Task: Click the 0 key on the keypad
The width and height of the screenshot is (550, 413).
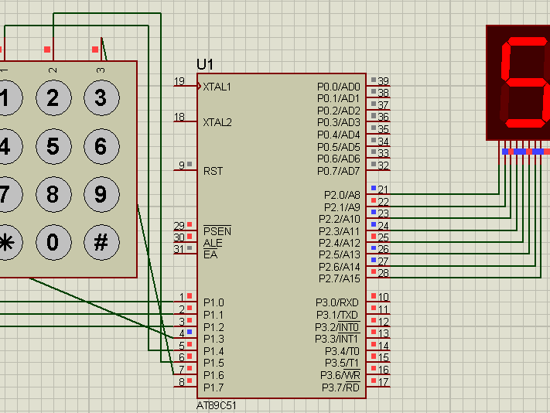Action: pyautogui.click(x=53, y=242)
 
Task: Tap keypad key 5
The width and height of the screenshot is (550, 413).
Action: pyautogui.click(x=53, y=146)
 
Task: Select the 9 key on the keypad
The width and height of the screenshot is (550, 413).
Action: pyautogui.click(x=100, y=193)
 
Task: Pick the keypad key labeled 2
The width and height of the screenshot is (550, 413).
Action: pyautogui.click(x=53, y=98)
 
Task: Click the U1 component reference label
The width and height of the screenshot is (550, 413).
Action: pyautogui.click(x=205, y=64)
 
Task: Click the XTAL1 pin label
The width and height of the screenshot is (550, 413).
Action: pyautogui.click(x=217, y=87)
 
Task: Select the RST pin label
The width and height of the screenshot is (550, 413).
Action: pyautogui.click(x=213, y=171)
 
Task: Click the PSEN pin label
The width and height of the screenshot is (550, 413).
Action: pyautogui.click(x=217, y=231)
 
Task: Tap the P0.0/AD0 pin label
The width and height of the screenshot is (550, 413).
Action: pyautogui.click(x=339, y=87)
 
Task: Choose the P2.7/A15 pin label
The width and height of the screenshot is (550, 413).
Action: pyautogui.click(x=340, y=278)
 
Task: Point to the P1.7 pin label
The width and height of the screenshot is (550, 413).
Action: pyautogui.click(x=214, y=387)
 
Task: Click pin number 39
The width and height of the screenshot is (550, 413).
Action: pyautogui.click(x=383, y=81)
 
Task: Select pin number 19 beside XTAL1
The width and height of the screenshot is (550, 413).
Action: pyautogui.click(x=179, y=81)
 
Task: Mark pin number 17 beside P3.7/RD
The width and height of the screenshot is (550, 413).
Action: pyautogui.click(x=383, y=381)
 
